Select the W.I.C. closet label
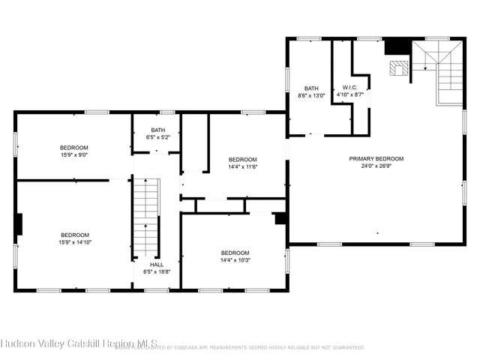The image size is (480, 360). (349, 87)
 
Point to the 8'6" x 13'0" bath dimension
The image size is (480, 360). (310, 96)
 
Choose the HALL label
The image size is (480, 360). (157, 264)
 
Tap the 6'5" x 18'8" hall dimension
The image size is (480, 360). (157, 271)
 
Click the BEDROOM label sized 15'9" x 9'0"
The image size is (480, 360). (74, 147)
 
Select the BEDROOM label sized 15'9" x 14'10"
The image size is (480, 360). (74, 234)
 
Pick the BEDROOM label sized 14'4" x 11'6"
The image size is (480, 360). (242, 159)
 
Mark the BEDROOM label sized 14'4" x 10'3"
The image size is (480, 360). (235, 253)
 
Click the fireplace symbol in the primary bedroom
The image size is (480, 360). (398, 68)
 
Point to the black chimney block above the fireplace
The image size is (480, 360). (394, 46)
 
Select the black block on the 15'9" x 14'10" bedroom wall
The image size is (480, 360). (19, 224)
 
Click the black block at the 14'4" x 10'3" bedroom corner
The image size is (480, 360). (280, 219)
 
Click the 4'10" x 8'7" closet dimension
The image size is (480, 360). (349, 95)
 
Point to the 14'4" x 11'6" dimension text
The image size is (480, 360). (242, 167)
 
